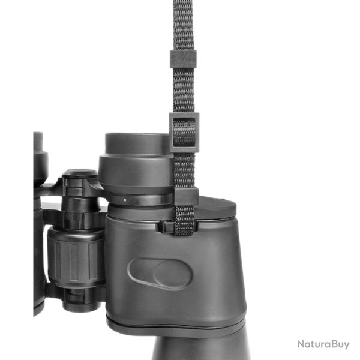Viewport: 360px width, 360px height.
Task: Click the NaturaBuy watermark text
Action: (323, 344)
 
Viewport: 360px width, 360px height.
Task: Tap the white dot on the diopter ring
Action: (125, 200)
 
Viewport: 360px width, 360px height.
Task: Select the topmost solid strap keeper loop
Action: (183, 59)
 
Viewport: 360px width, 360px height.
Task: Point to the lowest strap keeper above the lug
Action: (186, 196)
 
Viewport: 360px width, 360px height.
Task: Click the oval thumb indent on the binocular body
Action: (160, 274)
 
